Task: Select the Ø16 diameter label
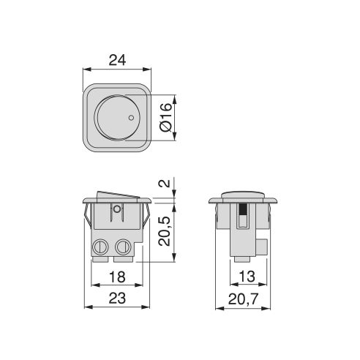tap(166, 118)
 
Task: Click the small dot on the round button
tap(130, 118)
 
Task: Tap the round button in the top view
tap(116, 118)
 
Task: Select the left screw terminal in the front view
tap(102, 247)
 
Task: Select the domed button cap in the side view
tap(244, 194)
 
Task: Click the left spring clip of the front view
tap(88, 217)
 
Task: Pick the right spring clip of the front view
tap(146, 217)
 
